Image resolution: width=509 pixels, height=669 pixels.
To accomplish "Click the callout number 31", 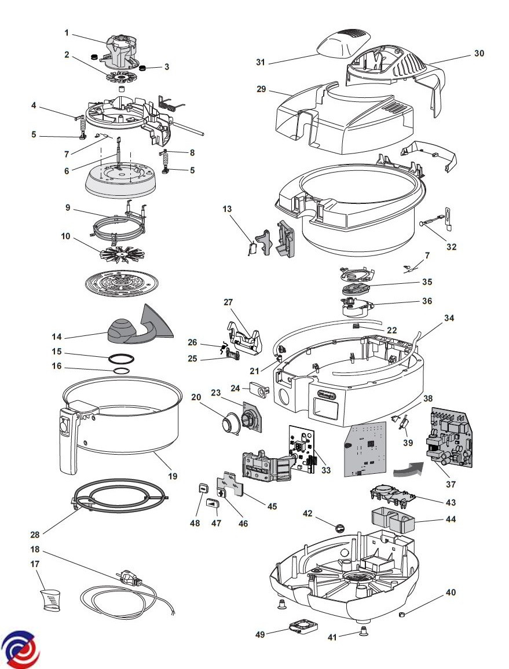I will (261, 62).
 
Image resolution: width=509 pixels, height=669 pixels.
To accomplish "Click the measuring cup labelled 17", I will (51, 599).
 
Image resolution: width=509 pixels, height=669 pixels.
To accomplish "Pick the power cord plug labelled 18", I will (129, 579).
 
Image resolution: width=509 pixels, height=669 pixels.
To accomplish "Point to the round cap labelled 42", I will (340, 527).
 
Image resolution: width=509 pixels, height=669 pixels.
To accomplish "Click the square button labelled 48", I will (203, 488).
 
